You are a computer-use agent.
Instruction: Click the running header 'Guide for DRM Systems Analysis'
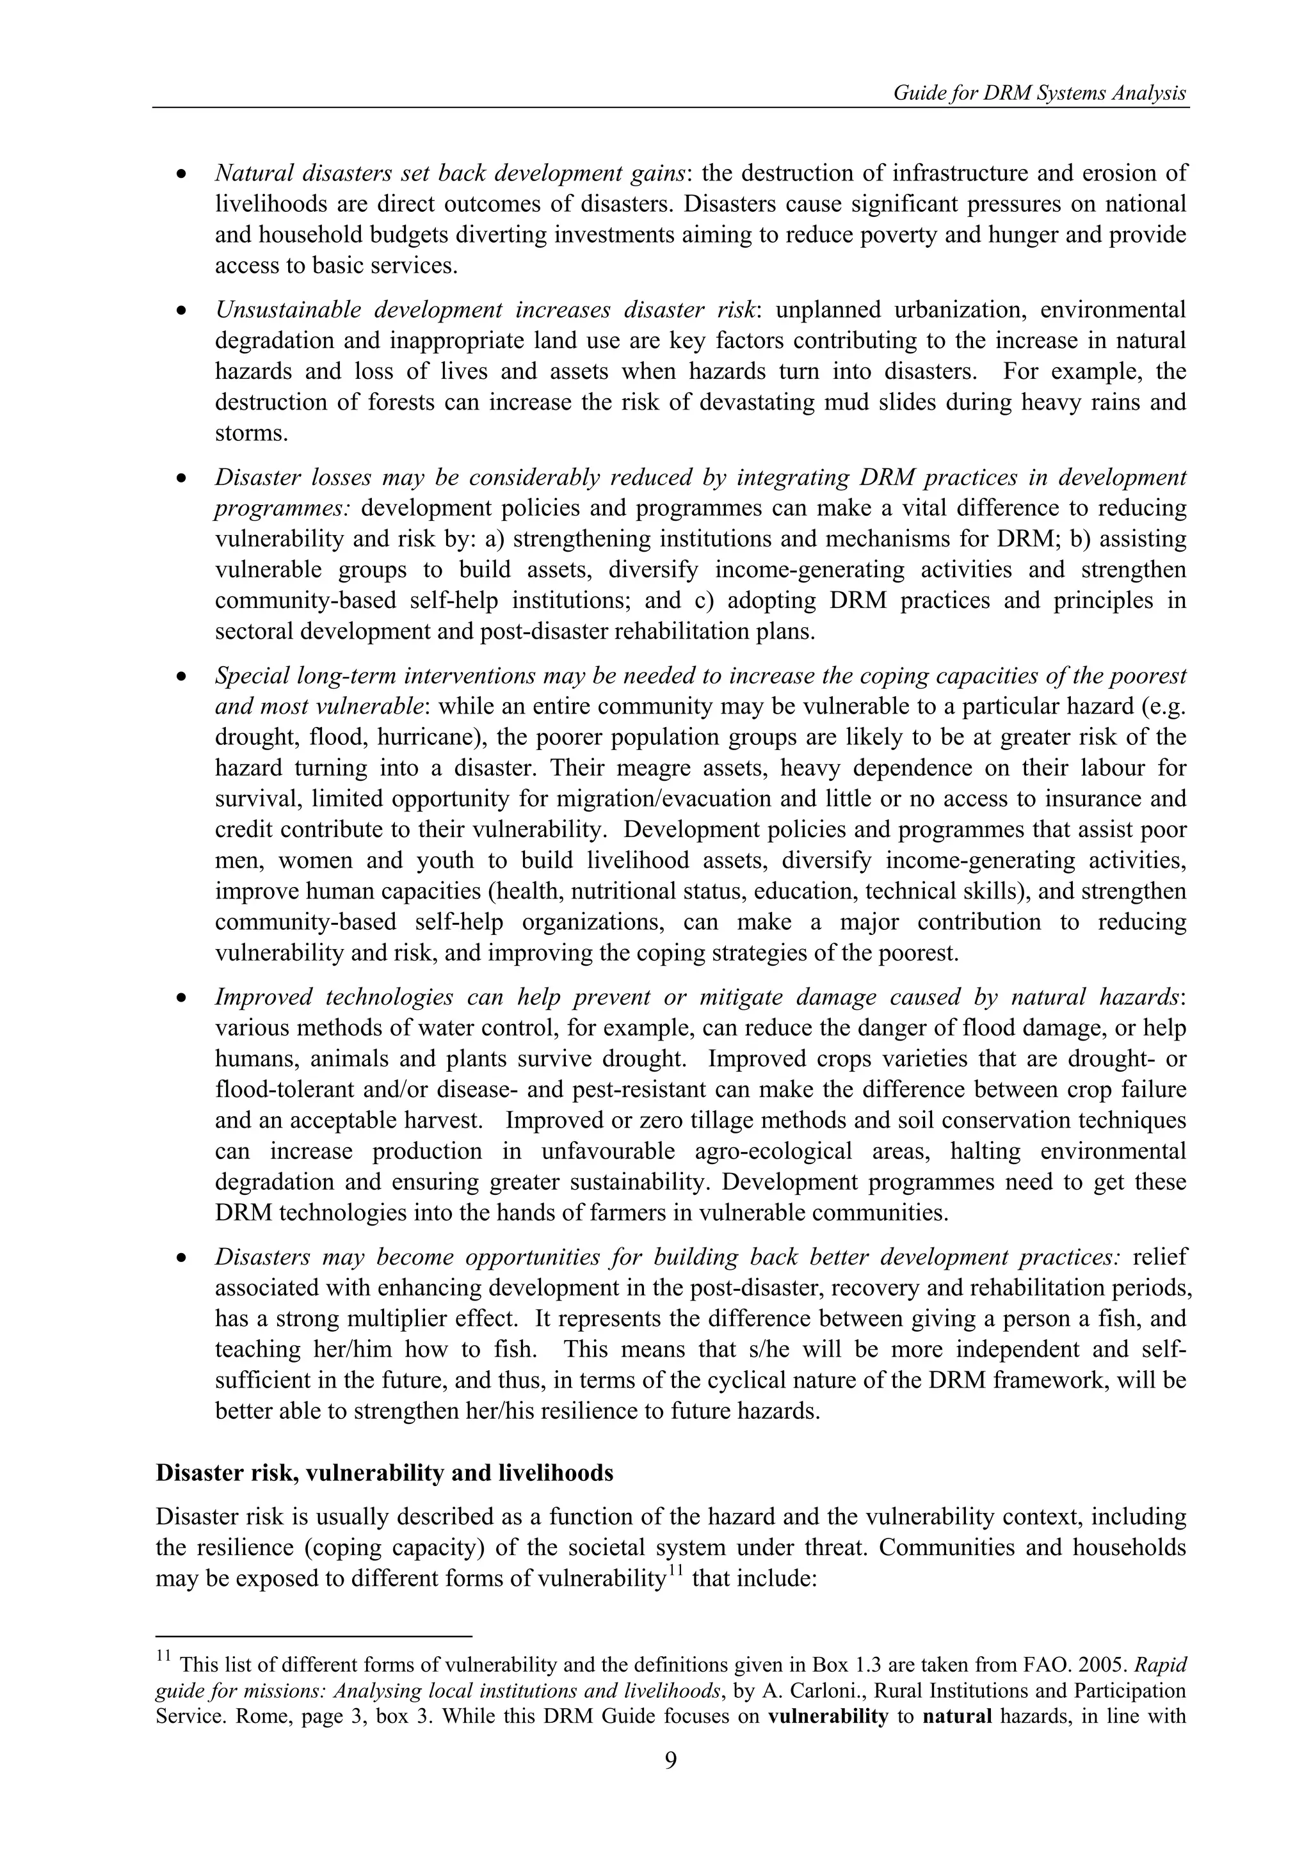point(1040,93)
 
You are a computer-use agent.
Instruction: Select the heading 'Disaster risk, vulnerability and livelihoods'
point(385,1473)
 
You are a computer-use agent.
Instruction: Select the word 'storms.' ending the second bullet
point(251,434)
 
